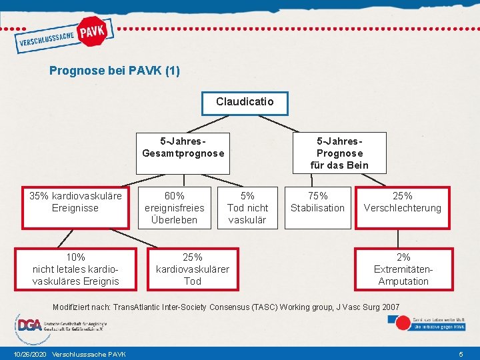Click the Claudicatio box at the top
(x=245, y=103)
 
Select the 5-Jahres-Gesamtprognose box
(x=183, y=153)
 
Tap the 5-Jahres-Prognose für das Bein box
(x=339, y=153)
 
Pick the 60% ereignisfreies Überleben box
(x=175, y=207)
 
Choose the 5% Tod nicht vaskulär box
(x=247, y=207)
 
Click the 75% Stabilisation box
(x=317, y=207)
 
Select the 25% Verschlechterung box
(x=402, y=207)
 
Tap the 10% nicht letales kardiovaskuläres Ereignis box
(x=75, y=269)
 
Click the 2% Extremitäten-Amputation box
(x=403, y=269)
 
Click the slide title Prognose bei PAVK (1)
(x=115, y=70)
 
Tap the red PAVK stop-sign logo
(x=93, y=32)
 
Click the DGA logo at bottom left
(x=29, y=325)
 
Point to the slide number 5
(x=461, y=353)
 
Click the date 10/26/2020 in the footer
(x=29, y=353)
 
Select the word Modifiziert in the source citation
(x=74, y=306)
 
